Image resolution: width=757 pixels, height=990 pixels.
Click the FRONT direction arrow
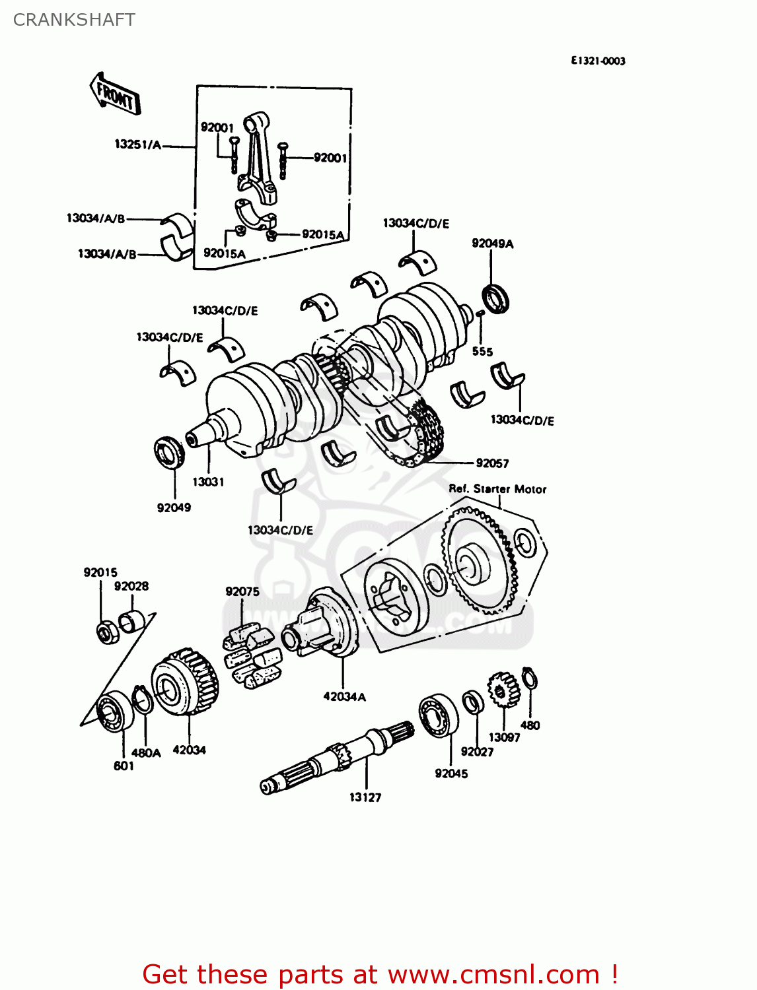[x=115, y=94]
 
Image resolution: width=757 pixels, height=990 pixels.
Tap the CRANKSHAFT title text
[x=74, y=20]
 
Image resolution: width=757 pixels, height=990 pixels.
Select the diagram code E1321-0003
[x=598, y=61]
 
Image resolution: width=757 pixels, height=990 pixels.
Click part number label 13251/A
[x=137, y=145]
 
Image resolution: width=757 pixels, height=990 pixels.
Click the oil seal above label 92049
[x=169, y=453]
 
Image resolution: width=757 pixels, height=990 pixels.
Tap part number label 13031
[x=208, y=482]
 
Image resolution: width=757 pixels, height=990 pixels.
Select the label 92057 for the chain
[x=492, y=463]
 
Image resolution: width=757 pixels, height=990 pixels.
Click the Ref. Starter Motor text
[x=497, y=489]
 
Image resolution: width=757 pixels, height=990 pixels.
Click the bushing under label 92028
[x=131, y=620]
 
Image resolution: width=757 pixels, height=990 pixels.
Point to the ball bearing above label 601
[x=112, y=712]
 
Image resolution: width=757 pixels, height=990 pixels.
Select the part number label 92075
[x=242, y=591]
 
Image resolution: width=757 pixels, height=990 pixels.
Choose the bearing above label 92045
[x=439, y=715]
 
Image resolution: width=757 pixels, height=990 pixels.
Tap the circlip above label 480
[x=529, y=678]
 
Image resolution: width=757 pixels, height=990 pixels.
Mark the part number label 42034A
[x=344, y=696]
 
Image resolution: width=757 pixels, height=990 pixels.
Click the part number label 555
[x=482, y=351]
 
